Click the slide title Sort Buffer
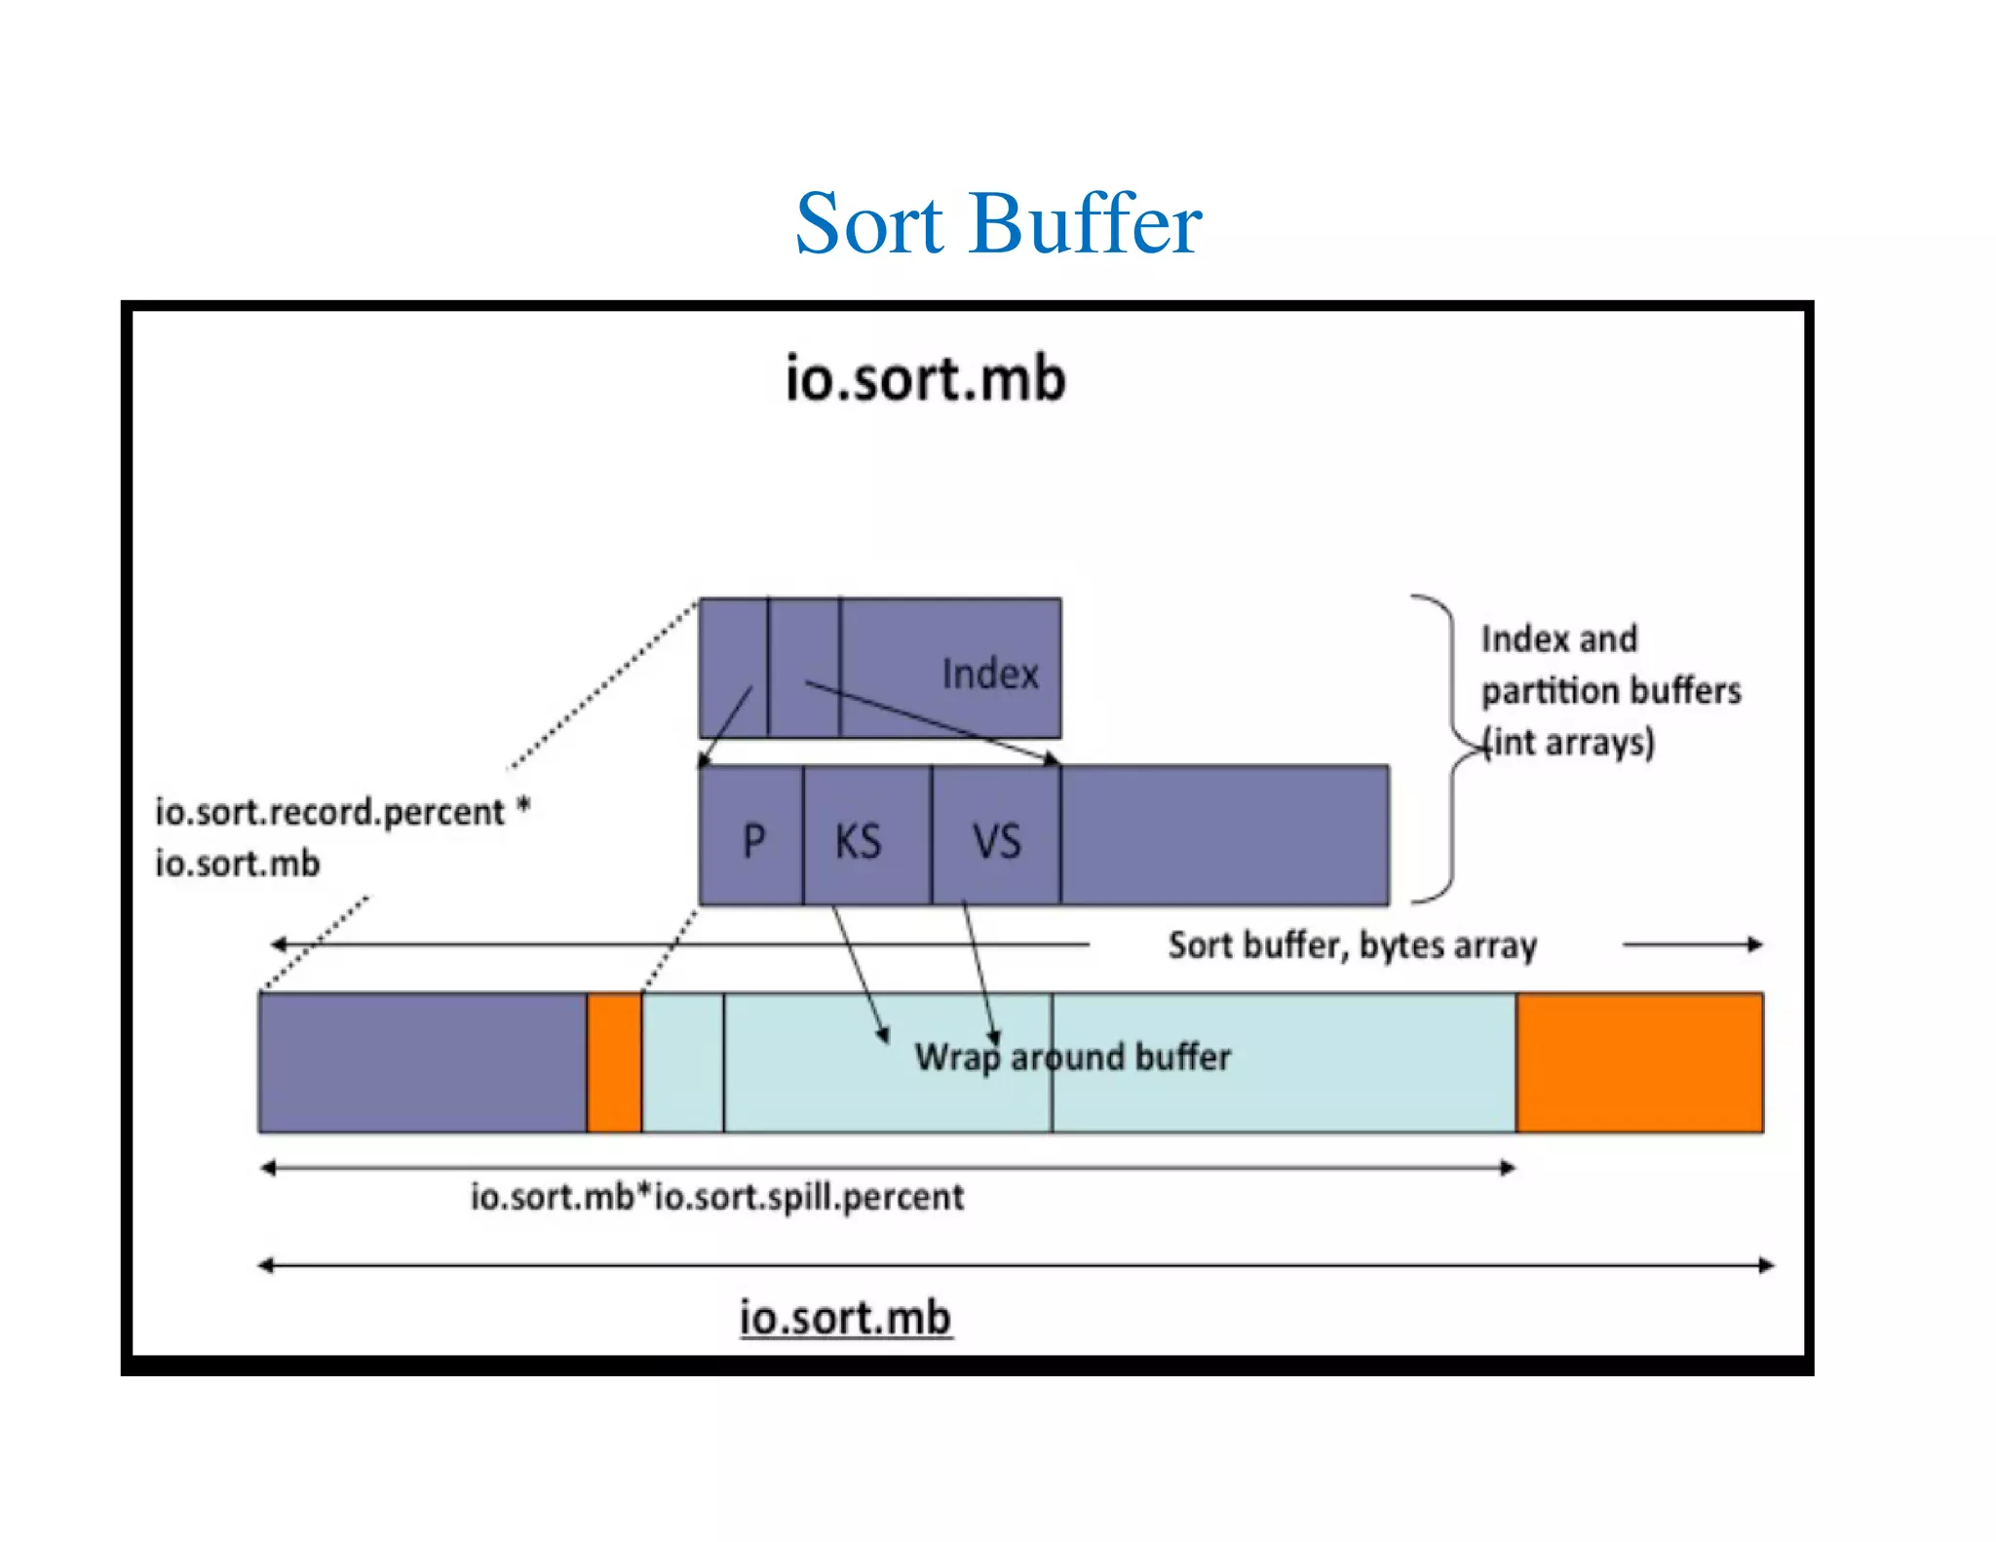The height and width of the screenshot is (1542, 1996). pyautogui.click(x=998, y=224)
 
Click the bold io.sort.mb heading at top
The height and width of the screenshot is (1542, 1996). pyautogui.click(x=925, y=378)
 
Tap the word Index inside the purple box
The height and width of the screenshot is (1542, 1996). pyautogui.click(x=989, y=674)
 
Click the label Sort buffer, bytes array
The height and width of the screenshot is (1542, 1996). pyautogui.click(x=1352, y=945)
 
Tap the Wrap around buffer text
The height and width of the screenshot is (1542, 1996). pyautogui.click(x=1072, y=1058)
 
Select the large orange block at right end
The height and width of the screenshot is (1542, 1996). pyautogui.click(x=1639, y=1062)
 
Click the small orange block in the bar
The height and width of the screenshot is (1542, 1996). pyautogui.click(x=614, y=1062)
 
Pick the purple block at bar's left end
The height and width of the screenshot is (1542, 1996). pyautogui.click(x=422, y=1062)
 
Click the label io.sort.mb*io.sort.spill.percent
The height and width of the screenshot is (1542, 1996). pyautogui.click(x=716, y=1197)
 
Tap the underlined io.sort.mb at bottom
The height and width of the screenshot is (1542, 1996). pyautogui.click(x=845, y=1318)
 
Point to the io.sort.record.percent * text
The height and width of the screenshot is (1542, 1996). pyautogui.click(x=341, y=812)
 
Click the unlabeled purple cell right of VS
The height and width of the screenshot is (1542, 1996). pyautogui.click(x=1224, y=835)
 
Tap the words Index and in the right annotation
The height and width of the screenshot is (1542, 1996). pyautogui.click(x=1558, y=639)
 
